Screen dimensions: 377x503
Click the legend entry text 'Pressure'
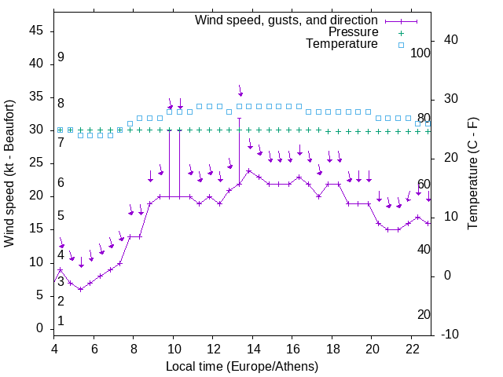coord(354,32)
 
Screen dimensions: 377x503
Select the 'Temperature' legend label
coord(342,45)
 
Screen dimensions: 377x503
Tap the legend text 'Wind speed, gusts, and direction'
coord(287,20)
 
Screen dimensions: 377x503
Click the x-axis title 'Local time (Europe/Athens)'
coord(243,366)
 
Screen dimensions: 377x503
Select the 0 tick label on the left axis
coord(40,328)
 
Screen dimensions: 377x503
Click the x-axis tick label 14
coord(252,350)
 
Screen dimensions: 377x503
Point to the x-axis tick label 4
coord(54,350)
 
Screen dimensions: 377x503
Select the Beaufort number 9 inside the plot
coord(61,57)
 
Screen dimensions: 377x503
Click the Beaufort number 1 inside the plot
coord(61,320)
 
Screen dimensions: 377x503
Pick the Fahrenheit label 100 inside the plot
coord(421,53)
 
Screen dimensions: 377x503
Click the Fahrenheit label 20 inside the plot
coord(424,314)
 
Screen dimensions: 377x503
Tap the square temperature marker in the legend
coord(400,45)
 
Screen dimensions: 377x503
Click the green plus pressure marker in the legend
coord(400,32)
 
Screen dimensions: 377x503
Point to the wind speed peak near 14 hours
coord(249,170)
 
